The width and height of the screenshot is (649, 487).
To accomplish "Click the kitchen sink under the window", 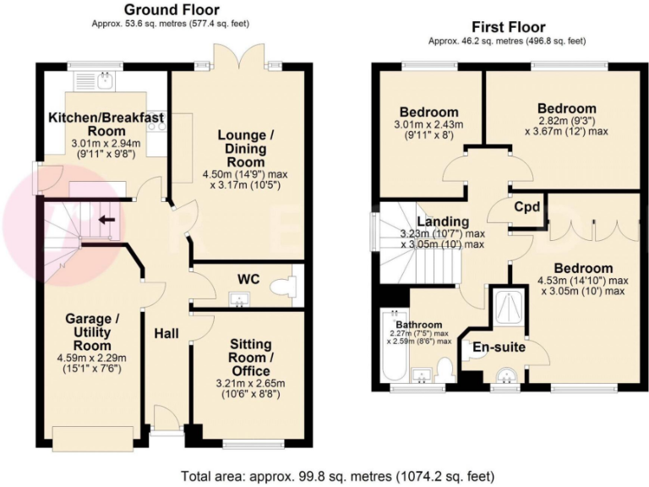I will click(x=104, y=81).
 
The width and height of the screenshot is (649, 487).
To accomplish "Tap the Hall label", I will click(x=166, y=334).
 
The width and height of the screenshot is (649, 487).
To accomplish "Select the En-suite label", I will click(x=499, y=347).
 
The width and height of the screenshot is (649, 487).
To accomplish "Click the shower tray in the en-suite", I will click(x=510, y=307).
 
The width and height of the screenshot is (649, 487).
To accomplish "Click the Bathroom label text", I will click(x=419, y=325).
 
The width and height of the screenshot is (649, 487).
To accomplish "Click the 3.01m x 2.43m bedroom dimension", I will click(x=430, y=125).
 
